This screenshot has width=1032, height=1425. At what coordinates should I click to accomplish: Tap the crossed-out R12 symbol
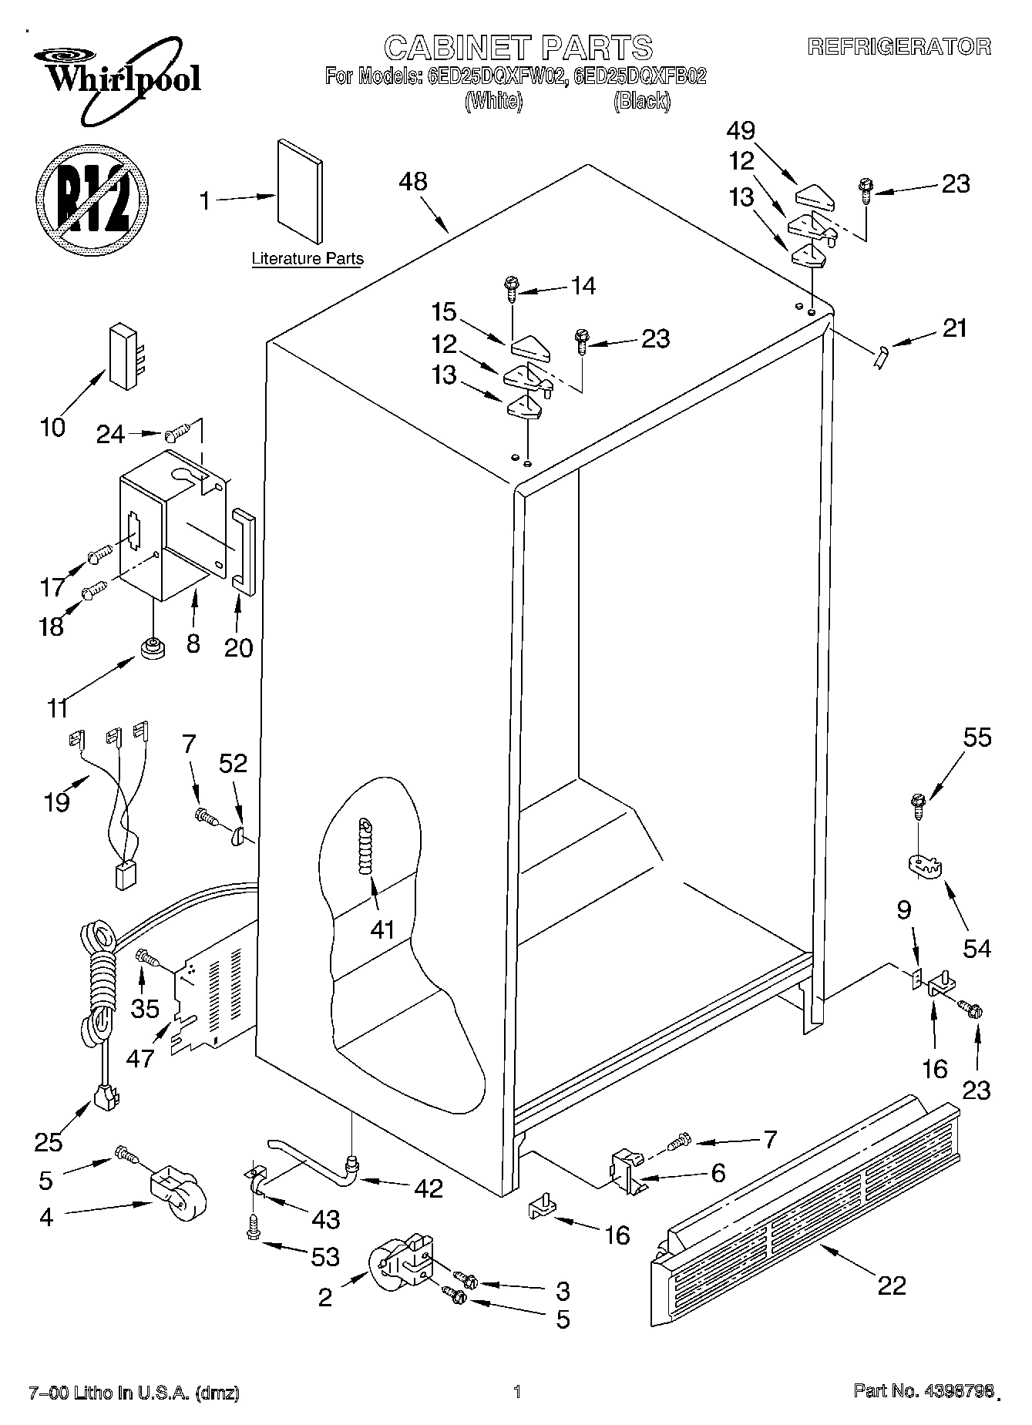click(x=91, y=200)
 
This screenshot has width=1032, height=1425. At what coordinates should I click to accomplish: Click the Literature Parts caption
click(x=307, y=259)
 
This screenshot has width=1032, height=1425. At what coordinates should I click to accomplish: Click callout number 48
click(x=413, y=182)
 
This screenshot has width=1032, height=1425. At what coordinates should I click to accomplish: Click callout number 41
click(x=382, y=929)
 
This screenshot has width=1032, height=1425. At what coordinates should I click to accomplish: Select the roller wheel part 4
click(x=176, y=1194)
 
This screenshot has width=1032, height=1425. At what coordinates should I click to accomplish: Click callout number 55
click(x=977, y=738)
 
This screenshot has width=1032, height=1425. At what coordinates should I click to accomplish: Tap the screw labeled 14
click(x=511, y=287)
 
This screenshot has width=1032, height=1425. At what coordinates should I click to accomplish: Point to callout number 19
click(x=57, y=802)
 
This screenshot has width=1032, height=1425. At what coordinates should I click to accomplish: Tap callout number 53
click(x=325, y=1257)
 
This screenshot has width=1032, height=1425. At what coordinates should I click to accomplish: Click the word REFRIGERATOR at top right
click(x=899, y=46)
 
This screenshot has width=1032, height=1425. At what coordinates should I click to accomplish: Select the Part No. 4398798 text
click(x=923, y=1392)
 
